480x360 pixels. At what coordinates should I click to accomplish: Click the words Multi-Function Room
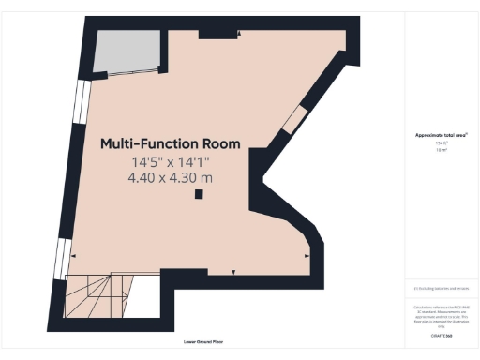point(170,144)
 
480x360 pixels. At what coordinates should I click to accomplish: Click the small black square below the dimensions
point(199,195)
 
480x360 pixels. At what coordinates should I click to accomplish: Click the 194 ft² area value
point(440,142)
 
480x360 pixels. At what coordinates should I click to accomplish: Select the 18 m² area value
point(440,149)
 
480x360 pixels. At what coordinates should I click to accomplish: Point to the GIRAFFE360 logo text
point(440,335)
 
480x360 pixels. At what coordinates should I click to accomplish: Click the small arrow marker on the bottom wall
point(235,272)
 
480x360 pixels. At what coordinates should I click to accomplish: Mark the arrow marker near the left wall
point(74,255)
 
